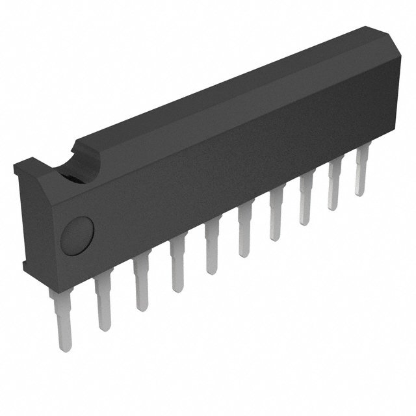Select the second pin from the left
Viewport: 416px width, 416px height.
coord(101,302)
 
